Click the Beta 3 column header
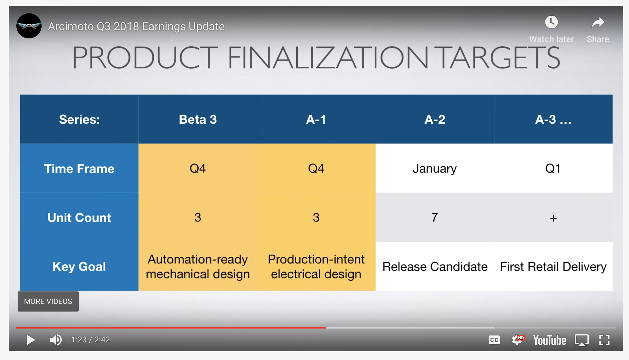tap(198, 120)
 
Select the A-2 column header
tap(435, 120)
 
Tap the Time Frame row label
tap(79, 169)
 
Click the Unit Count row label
tap(79, 218)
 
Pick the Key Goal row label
tap(79, 267)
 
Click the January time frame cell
tap(435, 169)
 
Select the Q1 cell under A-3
tap(553, 169)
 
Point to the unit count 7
tap(435, 217)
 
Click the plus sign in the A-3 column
tap(553, 218)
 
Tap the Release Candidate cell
tap(435, 267)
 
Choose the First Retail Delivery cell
tap(553, 267)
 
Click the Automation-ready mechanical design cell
tap(198, 267)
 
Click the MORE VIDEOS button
tap(48, 301)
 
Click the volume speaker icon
tap(56, 340)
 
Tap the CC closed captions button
tap(494, 340)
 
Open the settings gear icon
tap(517, 340)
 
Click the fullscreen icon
tap(604, 340)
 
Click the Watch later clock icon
tap(552, 22)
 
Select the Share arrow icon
tap(598, 22)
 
